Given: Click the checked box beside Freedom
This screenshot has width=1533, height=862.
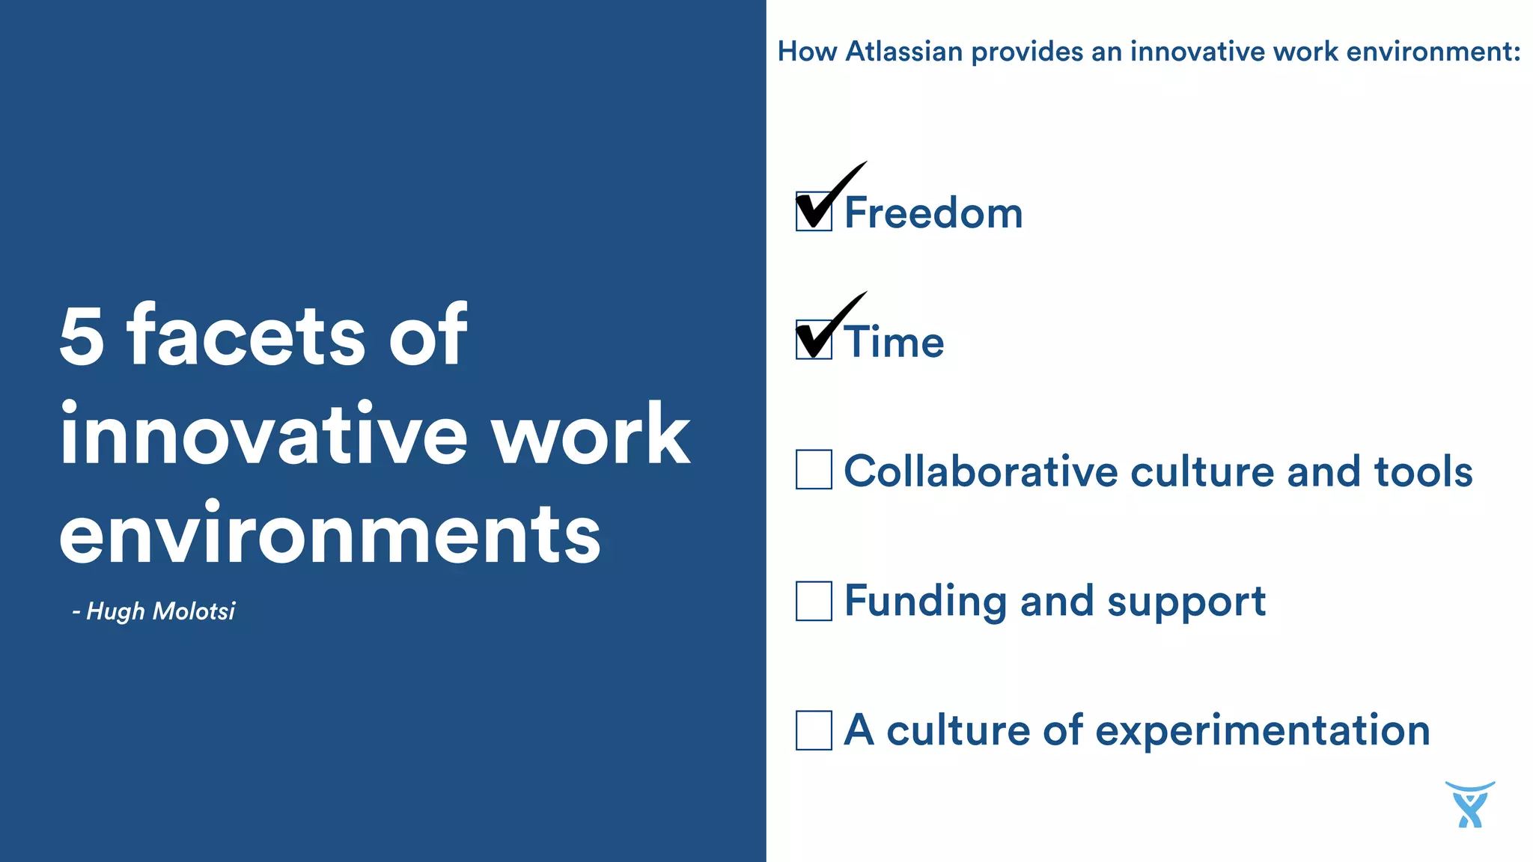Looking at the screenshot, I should (x=814, y=212).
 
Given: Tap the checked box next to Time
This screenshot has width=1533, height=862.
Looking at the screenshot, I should (x=814, y=340).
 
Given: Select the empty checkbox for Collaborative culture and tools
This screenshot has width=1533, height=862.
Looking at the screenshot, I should (x=814, y=470).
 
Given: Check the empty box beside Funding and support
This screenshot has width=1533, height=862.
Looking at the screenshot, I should (x=814, y=601).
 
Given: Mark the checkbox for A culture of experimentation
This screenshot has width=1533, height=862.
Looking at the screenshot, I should (x=814, y=730).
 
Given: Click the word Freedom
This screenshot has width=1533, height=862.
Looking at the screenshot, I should (x=933, y=213).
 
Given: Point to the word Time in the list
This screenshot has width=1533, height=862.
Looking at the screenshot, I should (x=894, y=343).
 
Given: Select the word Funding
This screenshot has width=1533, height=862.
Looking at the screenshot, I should (x=926, y=601).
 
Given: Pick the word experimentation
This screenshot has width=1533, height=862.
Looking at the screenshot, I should (x=1263, y=732).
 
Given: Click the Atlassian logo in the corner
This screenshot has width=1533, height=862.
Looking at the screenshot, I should (x=1469, y=805).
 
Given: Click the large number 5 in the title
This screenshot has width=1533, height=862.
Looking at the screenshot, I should (x=81, y=336).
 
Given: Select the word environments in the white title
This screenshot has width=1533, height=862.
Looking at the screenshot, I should (x=329, y=534).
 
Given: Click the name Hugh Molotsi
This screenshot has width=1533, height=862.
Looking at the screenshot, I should (x=160, y=611).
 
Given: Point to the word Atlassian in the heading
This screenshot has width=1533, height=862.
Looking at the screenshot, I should (x=903, y=52).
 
